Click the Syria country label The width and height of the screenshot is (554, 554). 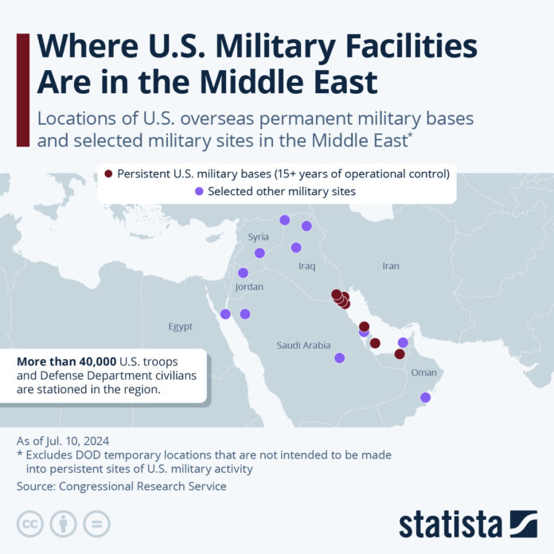259,236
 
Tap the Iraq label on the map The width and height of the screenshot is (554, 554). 308,266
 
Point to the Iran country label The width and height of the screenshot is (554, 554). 390,266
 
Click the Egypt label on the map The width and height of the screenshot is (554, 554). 180,326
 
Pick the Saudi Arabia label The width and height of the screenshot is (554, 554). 303,345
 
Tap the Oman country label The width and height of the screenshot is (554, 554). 423,372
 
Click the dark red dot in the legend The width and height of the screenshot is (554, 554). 108,174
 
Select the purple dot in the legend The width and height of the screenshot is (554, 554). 199,192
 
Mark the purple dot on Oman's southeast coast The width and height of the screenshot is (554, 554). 425,397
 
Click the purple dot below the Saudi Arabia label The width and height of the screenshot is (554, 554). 339,358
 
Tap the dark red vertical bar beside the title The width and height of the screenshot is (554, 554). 23,90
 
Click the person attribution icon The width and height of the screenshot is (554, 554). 63,523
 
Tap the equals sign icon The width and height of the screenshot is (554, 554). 96,523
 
